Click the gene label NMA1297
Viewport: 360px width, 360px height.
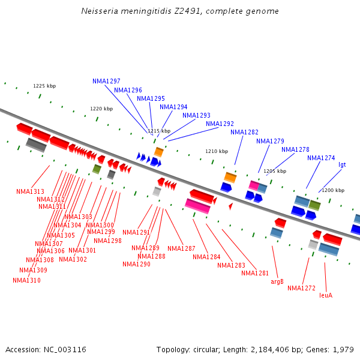tap(106, 81)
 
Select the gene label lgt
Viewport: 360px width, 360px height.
tap(342, 164)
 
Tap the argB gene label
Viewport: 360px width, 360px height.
tap(277, 281)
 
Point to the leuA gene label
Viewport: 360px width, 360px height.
tap(326, 295)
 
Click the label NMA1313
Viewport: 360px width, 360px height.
tap(30, 192)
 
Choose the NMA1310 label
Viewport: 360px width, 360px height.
tap(26, 280)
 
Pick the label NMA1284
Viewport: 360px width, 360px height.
tap(206, 257)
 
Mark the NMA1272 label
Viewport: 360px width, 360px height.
tap(301, 289)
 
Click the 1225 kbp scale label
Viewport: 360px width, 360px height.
tap(44, 86)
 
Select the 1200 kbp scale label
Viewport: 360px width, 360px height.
tap(333, 190)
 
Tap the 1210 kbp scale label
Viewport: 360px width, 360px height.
tap(217, 151)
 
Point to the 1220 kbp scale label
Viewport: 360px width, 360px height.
tap(101, 109)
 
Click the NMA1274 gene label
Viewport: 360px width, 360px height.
tap(321, 158)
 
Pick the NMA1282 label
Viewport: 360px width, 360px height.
tap(244, 132)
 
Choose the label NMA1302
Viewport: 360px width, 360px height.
tap(73, 259)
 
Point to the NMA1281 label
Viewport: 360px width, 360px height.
tap(255, 273)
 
